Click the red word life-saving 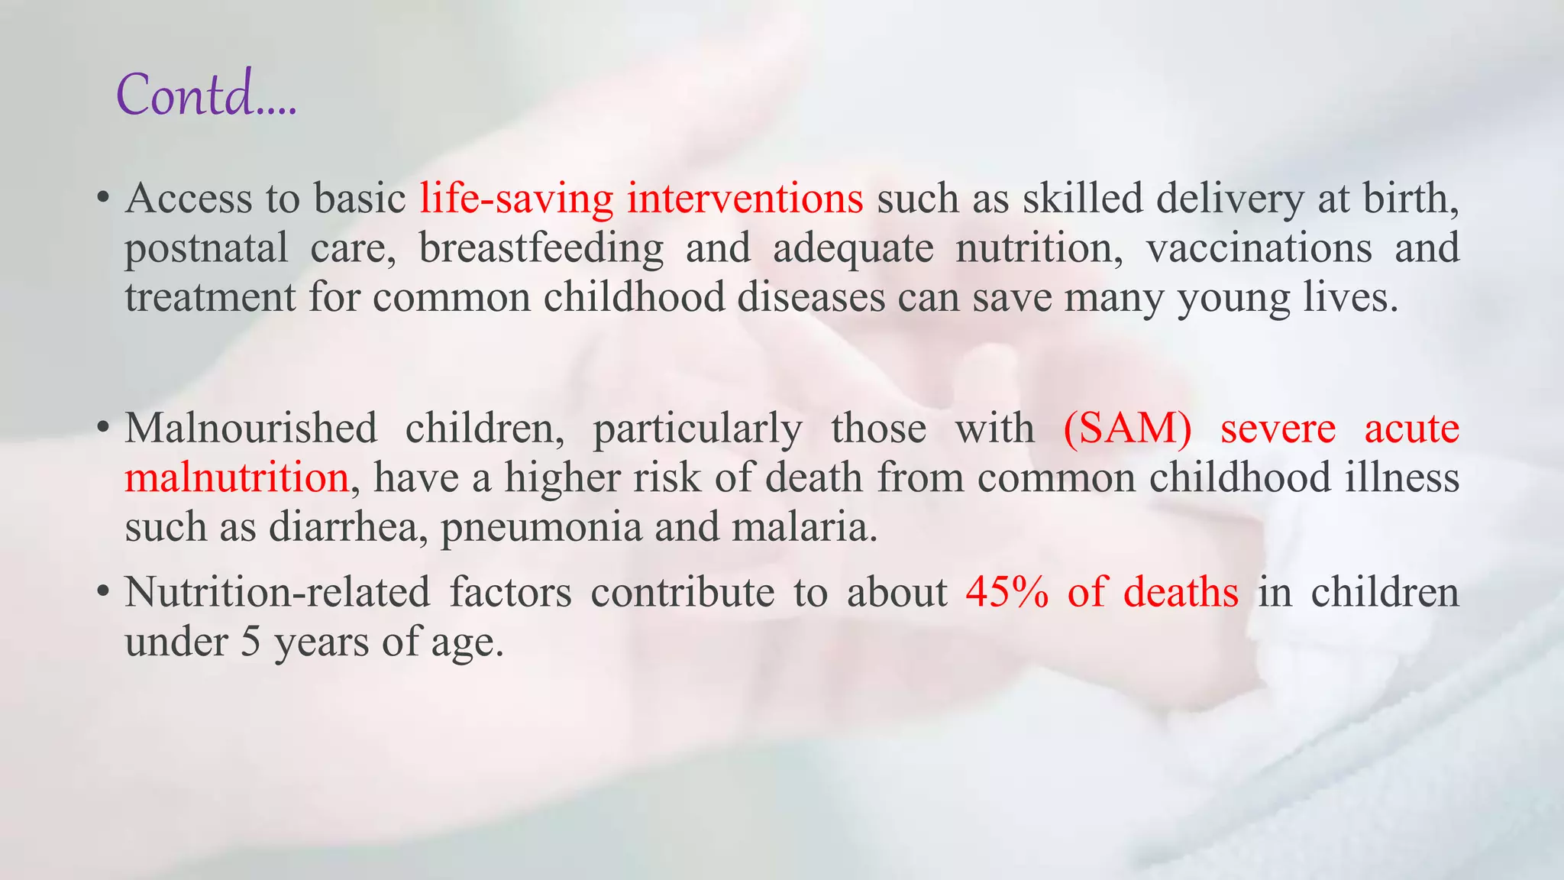[x=516, y=199]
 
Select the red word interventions [x=745, y=199]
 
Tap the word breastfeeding [x=541, y=248]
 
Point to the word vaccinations [x=1259, y=248]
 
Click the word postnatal [x=206, y=248]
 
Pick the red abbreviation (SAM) [x=1127, y=428]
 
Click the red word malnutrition [x=237, y=477]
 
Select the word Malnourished [x=250, y=428]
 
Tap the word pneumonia [x=541, y=529]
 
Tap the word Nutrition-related [x=277, y=592]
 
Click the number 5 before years [x=250, y=642]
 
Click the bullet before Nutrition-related [x=103, y=594]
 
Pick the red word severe [x=1278, y=428]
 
